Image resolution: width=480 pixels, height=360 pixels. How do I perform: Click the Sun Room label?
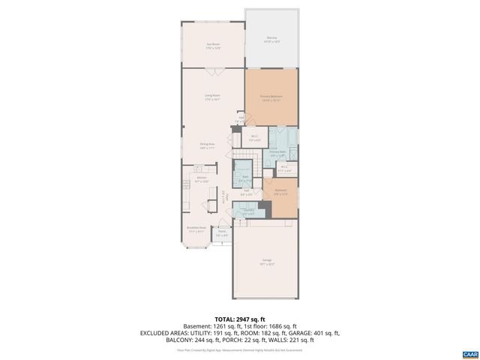[x=213, y=46]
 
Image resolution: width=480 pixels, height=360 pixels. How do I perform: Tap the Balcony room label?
[x=271, y=40]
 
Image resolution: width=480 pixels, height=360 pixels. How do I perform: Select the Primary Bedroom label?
[x=271, y=97]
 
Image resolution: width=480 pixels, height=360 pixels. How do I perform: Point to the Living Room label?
[x=213, y=97]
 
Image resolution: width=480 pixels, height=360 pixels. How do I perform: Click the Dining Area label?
[x=208, y=145]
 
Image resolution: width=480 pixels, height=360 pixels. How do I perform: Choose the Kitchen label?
[x=202, y=179]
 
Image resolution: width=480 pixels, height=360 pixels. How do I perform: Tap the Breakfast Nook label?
[x=196, y=229]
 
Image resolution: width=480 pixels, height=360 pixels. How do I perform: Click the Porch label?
[x=222, y=233]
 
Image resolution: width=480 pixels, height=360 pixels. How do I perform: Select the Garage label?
[x=267, y=262]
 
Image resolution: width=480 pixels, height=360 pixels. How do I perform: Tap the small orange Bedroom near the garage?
[x=280, y=193]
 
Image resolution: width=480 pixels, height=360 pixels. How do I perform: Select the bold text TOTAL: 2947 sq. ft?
[x=240, y=319]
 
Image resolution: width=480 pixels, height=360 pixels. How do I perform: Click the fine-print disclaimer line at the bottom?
[x=240, y=349]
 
